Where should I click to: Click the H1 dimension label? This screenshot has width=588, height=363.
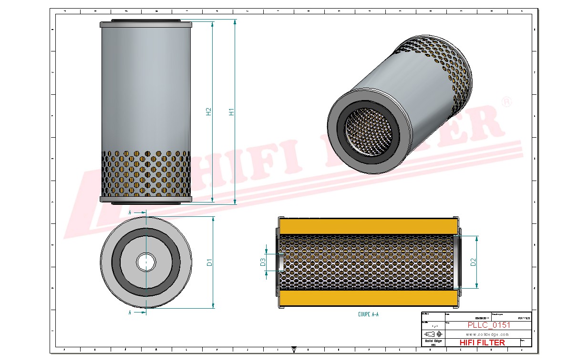[x=232, y=112]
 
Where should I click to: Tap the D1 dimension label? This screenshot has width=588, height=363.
[x=209, y=262]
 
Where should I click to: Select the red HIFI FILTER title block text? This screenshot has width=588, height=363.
[x=482, y=343]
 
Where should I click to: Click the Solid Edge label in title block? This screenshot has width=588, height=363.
[x=433, y=341]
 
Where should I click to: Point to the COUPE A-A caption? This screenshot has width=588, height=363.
[x=368, y=314]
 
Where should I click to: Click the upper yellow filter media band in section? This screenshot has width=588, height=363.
[x=367, y=226]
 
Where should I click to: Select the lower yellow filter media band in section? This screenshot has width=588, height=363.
[x=367, y=299]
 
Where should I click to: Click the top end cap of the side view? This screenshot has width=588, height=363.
[x=146, y=24]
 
